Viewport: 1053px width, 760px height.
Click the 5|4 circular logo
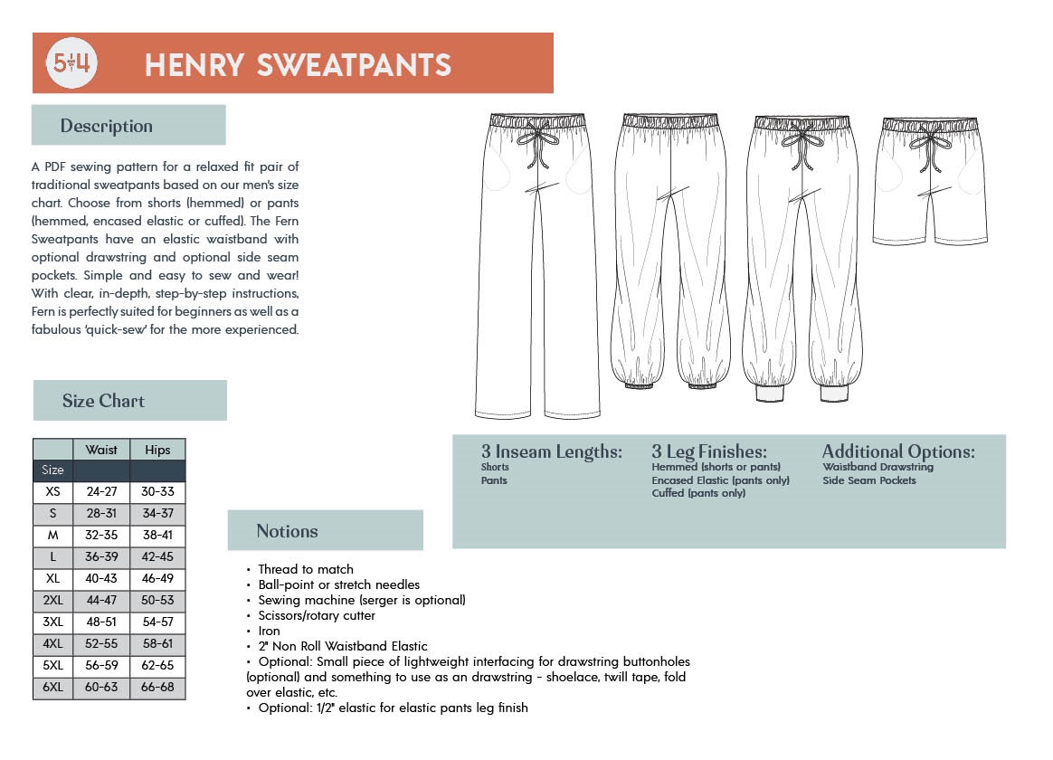point(71,63)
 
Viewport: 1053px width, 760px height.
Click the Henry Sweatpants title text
point(298,65)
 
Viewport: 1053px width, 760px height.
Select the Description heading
point(107,126)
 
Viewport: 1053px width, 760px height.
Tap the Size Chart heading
point(103,401)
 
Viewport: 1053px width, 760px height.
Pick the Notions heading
point(287,531)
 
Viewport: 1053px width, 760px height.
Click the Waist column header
point(101,450)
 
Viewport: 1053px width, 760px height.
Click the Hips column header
point(157,450)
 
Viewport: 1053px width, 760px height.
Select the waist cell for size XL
point(101,579)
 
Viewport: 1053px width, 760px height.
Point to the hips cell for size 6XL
point(157,688)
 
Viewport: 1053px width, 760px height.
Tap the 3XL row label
point(52,622)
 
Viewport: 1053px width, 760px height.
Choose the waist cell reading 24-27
point(101,492)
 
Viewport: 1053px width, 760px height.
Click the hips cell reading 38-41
point(157,536)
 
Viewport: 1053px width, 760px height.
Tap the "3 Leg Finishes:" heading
point(709,451)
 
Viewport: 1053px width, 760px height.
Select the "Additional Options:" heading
point(898,451)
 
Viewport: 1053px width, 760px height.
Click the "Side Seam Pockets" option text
point(869,480)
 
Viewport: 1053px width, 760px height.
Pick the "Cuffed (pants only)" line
point(698,494)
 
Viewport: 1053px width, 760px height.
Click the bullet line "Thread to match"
point(305,569)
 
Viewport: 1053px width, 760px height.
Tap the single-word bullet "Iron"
point(269,631)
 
